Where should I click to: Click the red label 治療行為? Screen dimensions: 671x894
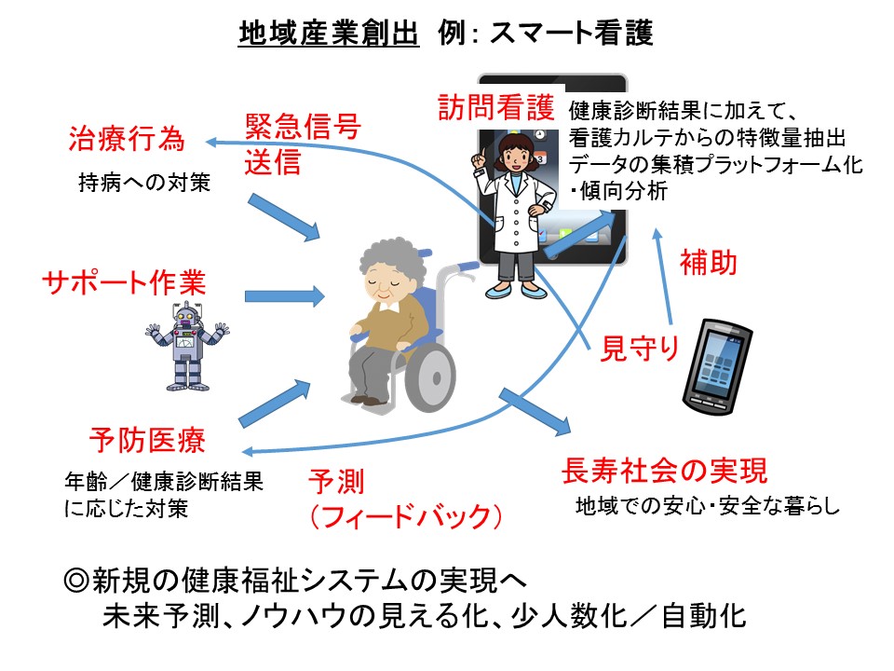coord(126,140)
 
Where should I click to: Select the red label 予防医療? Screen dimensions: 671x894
coord(147,438)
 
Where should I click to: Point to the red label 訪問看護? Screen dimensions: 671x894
coord(496,107)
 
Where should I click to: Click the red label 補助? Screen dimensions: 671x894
coord(709,263)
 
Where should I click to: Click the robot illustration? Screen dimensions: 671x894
coord(187,343)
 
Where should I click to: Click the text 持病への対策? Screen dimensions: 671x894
coord(144,184)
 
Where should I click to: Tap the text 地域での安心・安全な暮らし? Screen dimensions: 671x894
coord(708,508)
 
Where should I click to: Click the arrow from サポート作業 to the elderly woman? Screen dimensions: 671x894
coord(284,297)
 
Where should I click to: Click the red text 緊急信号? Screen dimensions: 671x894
coord(303,127)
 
